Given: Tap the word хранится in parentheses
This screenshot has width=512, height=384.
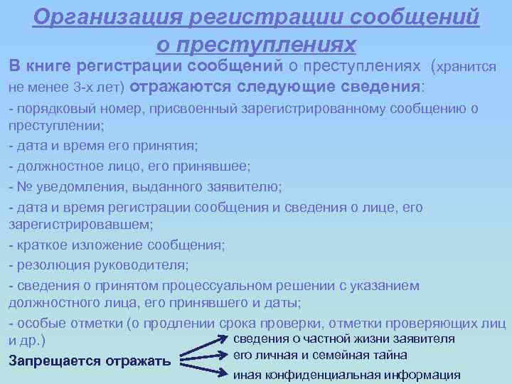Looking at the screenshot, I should (x=466, y=67).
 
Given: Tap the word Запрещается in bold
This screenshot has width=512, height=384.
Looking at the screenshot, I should (x=54, y=361).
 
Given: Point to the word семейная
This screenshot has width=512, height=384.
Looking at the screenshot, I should (x=345, y=355).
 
